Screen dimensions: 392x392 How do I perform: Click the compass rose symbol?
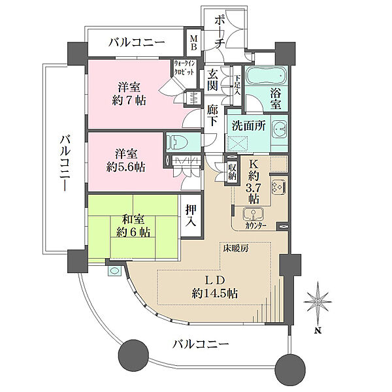click(x=318, y=300)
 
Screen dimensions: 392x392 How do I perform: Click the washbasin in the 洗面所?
click(x=278, y=129)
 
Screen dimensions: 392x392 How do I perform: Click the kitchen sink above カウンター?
click(x=251, y=214)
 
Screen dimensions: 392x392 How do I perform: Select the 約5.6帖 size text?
click(x=127, y=166)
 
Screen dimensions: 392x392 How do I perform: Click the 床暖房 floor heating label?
click(x=233, y=248)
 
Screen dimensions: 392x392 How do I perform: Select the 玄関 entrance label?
click(x=214, y=82)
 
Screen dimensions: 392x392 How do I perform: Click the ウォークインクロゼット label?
click(x=184, y=67)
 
